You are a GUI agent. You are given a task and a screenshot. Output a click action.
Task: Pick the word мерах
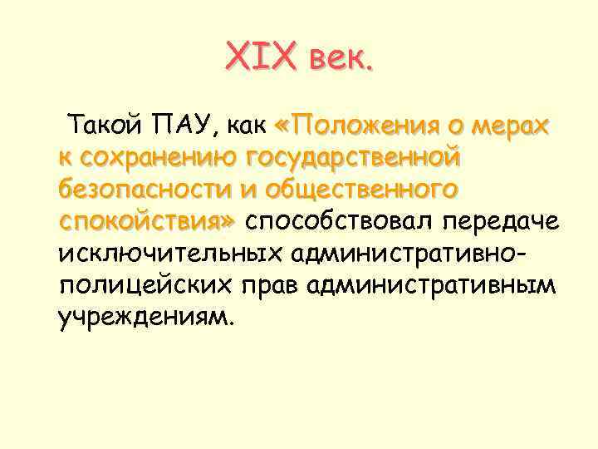(507, 126)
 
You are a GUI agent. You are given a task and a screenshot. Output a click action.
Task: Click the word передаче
(501, 220)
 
